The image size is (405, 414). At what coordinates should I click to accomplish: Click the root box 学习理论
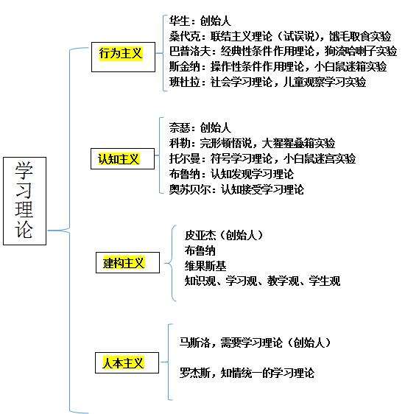(x=24, y=201)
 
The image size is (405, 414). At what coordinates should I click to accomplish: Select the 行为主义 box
(x=123, y=57)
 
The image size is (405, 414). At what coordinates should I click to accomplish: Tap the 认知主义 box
(x=122, y=158)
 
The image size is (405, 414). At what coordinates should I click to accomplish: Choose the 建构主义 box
(x=127, y=262)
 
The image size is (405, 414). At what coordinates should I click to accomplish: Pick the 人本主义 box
(x=127, y=362)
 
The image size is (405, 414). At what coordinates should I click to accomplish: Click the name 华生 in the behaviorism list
(x=180, y=21)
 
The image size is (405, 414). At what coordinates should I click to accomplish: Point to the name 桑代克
(x=185, y=36)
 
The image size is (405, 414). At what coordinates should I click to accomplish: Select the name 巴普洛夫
(x=190, y=52)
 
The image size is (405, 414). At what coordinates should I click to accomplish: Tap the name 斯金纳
(x=185, y=66)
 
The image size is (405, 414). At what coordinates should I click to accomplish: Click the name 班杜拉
(x=185, y=82)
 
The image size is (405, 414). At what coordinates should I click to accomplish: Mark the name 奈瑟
(x=180, y=127)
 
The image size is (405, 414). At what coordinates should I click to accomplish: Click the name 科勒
(x=180, y=143)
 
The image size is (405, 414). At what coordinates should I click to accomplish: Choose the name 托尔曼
(x=185, y=158)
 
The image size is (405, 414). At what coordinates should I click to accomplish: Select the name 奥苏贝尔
(x=190, y=189)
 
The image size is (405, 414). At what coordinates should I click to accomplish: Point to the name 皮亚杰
(x=200, y=235)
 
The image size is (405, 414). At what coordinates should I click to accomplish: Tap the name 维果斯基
(x=205, y=266)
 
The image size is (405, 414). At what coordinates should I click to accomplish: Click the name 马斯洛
(x=195, y=343)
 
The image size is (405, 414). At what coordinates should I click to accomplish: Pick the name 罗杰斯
(x=195, y=373)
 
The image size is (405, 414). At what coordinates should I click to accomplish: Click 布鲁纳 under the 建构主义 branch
(x=200, y=250)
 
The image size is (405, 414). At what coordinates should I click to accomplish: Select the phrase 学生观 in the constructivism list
(x=325, y=281)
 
